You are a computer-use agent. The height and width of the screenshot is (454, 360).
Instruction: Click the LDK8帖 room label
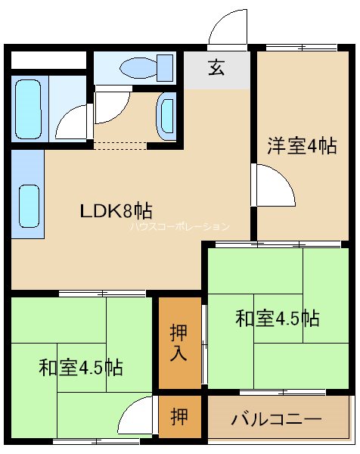click(x=111, y=211)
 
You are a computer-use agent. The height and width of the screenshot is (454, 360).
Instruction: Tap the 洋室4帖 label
click(x=300, y=146)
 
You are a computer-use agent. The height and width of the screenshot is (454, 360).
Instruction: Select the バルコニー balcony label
click(x=276, y=418)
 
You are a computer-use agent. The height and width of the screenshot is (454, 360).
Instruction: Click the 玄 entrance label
click(x=216, y=69)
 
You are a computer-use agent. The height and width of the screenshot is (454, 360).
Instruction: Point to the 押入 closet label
click(x=179, y=342)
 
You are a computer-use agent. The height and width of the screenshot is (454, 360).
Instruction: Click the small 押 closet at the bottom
click(x=179, y=417)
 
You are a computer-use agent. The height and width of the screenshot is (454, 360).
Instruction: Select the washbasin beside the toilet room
click(x=167, y=115)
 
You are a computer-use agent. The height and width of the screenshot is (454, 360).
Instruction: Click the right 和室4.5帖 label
click(x=276, y=319)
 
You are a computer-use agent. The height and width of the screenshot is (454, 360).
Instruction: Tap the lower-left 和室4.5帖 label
click(x=82, y=368)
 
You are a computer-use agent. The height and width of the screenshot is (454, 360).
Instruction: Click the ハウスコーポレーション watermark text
click(x=179, y=226)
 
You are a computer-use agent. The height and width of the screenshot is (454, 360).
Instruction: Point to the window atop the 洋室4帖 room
click(x=300, y=48)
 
